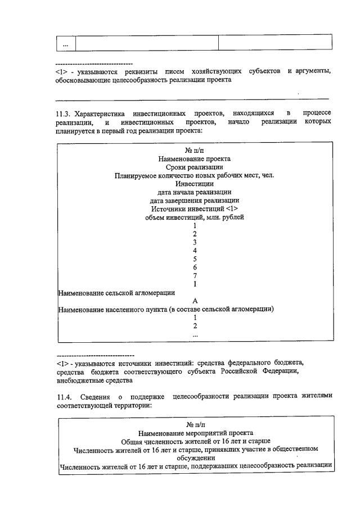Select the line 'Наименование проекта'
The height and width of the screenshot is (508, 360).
pos(195,159)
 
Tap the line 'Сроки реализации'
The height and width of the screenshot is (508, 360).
pos(195,167)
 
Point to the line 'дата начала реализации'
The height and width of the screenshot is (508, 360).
pos(195,192)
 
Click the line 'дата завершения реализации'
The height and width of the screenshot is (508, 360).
pos(195,200)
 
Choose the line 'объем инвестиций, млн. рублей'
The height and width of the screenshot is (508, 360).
pos(195,217)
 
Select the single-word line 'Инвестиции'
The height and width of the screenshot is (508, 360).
pos(195,184)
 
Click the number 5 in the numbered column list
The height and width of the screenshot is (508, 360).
pos(195,259)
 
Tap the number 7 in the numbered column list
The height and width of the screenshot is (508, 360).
pos(195,275)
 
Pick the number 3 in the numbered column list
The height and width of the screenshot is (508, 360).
pos(195,242)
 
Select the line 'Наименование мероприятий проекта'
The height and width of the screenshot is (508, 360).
pos(195,433)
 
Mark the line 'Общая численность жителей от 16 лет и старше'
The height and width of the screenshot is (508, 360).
pos(195,441)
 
